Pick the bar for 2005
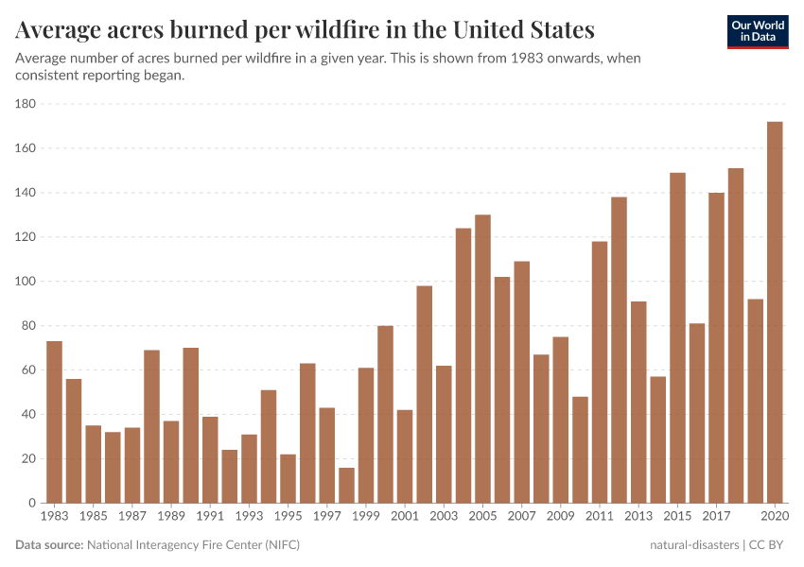(x=482, y=359)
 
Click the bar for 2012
(x=619, y=350)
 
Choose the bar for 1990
(x=190, y=425)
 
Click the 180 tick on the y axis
(x=26, y=104)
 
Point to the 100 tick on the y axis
(x=26, y=282)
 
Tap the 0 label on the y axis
(x=32, y=504)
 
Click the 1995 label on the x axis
(x=288, y=517)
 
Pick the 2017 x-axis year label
(x=716, y=517)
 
